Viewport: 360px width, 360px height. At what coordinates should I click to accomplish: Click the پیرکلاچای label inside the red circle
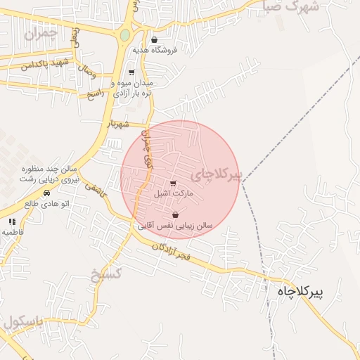[x=216, y=173]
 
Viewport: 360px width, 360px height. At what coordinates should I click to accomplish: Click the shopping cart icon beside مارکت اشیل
[x=174, y=184]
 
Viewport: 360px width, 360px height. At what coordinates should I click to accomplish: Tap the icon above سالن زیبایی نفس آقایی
[x=175, y=215]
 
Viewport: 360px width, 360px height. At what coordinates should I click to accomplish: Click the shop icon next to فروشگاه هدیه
[x=153, y=40]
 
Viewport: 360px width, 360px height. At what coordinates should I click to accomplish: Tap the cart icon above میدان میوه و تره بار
[x=131, y=72]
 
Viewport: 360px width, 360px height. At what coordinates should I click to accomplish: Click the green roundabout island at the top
[x=125, y=34]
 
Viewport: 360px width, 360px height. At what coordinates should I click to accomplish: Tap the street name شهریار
[x=119, y=123]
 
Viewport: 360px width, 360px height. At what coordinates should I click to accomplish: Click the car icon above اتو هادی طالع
[x=46, y=193]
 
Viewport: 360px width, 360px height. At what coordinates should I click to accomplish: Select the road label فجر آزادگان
[x=172, y=251]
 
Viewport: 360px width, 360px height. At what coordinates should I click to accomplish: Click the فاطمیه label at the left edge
[x=13, y=231]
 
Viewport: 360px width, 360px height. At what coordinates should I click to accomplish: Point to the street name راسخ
[x=95, y=94]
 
